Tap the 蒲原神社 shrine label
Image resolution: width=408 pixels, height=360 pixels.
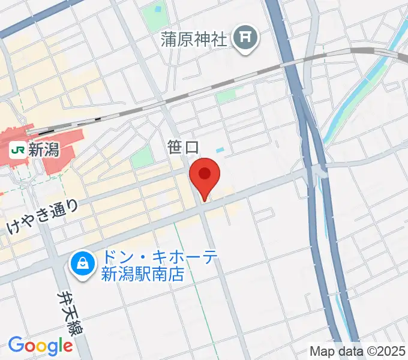[194, 40]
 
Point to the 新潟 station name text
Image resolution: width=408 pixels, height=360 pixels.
[44, 149]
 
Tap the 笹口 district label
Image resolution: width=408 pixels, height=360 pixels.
[184, 146]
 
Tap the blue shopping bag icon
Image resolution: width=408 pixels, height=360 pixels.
[81, 263]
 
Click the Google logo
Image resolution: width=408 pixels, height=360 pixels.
[40, 346]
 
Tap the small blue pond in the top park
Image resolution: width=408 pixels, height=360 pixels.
[159, 10]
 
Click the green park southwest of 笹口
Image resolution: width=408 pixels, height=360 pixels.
[142, 157]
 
